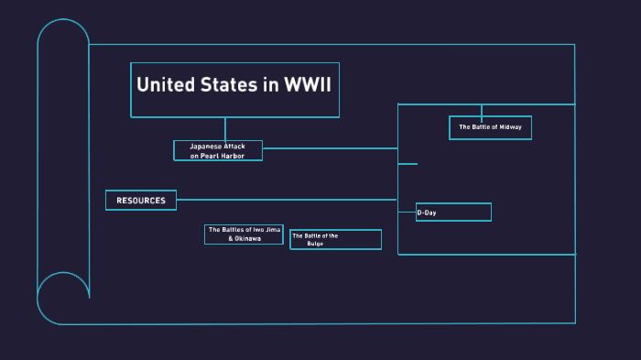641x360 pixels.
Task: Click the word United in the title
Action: [x=165, y=85]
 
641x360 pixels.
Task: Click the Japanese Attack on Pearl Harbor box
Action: [x=218, y=151]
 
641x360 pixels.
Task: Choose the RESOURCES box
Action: [x=141, y=200]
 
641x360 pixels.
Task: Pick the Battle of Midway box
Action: [x=490, y=127]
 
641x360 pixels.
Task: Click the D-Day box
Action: [x=453, y=213]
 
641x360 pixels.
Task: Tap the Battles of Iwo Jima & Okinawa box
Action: [x=244, y=234]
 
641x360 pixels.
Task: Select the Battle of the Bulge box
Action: [x=335, y=239]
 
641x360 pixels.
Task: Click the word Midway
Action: [x=510, y=127]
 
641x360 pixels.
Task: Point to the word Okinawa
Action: [x=247, y=238]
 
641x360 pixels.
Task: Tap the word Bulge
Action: [x=315, y=244]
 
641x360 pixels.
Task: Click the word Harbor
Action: [x=243, y=156]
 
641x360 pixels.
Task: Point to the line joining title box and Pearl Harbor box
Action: [x=224, y=129]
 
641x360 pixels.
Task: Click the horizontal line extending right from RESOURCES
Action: [x=284, y=199]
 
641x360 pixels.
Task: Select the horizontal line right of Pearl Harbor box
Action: [x=330, y=147]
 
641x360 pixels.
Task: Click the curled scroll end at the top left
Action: [x=63, y=41]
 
